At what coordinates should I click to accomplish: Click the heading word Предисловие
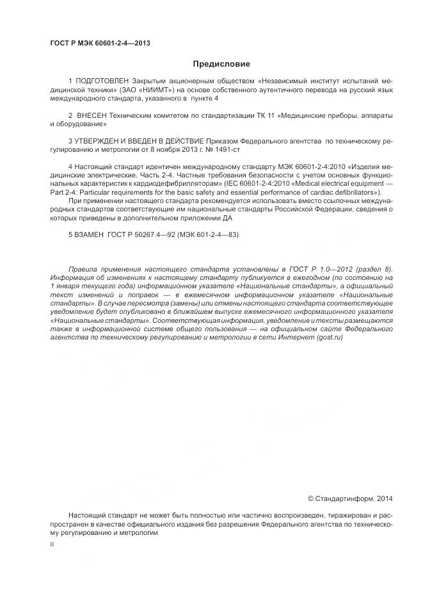click(x=221, y=64)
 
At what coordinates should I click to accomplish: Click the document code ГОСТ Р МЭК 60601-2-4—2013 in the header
click(x=100, y=44)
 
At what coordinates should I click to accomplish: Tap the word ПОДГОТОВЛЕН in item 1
click(x=103, y=83)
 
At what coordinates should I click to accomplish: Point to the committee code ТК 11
click(x=246, y=115)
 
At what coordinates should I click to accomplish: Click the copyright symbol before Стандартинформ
click(x=311, y=498)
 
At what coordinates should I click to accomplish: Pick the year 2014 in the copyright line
click(x=385, y=498)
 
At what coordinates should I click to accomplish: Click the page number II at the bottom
click(x=52, y=543)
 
